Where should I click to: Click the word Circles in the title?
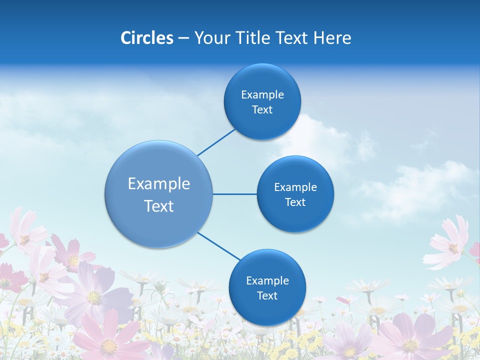tap(147, 38)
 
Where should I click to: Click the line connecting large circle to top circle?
tap(217, 142)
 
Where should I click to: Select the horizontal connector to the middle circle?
tap(234, 194)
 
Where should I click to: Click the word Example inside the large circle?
tap(159, 184)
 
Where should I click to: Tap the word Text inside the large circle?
tap(159, 206)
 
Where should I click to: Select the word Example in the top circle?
tap(262, 95)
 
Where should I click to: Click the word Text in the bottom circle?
tap(267, 296)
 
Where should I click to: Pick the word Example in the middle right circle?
tap(295, 187)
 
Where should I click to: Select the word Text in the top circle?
tap(262, 110)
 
